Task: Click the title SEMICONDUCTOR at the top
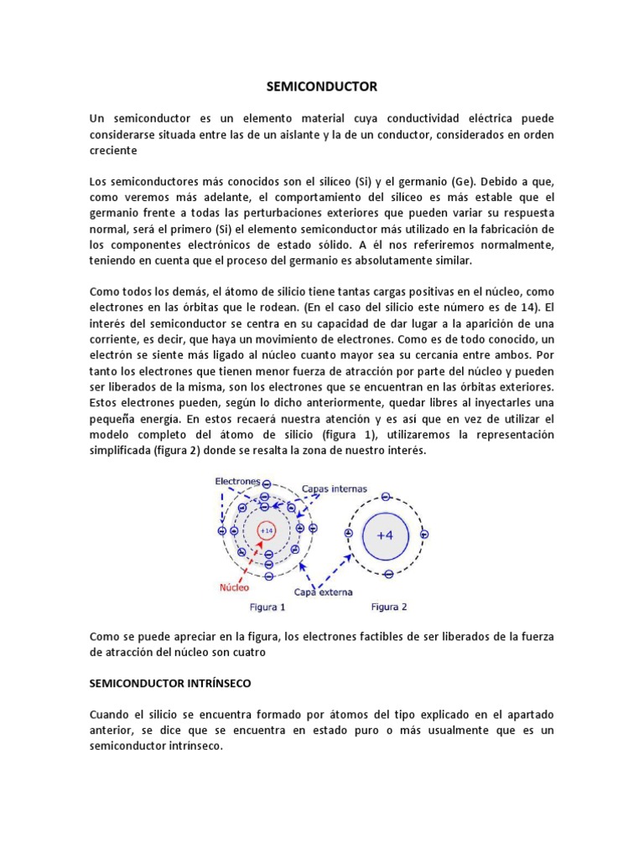[322, 86]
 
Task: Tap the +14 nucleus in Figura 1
[267, 530]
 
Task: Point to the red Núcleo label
[235, 587]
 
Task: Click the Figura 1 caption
[268, 607]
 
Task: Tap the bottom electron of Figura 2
[388, 574]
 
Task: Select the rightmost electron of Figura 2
[425, 534]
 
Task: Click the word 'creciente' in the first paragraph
[113, 149]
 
